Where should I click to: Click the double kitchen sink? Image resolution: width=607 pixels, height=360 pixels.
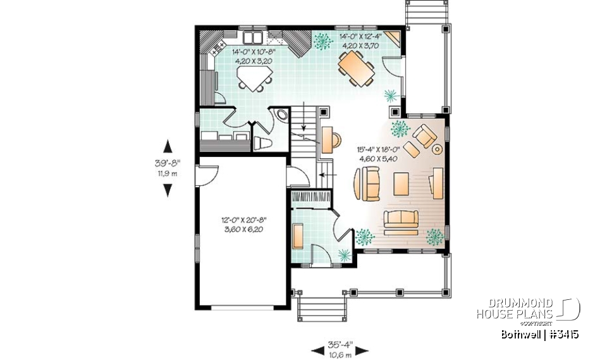(253, 37)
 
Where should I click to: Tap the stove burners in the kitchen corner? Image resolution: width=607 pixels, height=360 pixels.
(219, 46)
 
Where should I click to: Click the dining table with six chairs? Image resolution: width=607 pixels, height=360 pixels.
(357, 67)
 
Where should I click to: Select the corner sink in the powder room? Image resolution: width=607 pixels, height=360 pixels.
(279, 116)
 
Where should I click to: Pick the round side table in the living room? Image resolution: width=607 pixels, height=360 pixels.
(436, 150)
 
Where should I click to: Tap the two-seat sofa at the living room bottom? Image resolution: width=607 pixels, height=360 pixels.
(402, 218)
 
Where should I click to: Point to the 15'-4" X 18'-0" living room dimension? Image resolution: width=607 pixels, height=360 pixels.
(376, 154)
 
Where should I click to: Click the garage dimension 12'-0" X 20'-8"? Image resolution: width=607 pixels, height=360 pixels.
(242, 225)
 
